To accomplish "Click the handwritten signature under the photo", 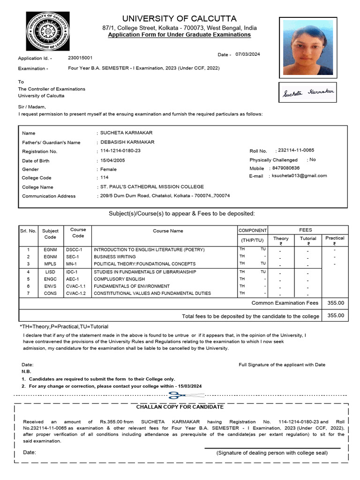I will (x=307, y=93).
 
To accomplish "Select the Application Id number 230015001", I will (x=80, y=58).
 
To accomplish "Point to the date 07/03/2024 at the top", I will (x=247, y=54).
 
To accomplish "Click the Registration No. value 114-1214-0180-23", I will (x=120, y=151).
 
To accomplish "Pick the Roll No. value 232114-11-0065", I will (x=296, y=150).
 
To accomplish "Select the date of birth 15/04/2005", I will (x=112, y=160).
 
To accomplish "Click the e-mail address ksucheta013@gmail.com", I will (x=299, y=176).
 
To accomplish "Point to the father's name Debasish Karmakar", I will (x=127, y=142).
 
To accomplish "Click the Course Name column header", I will (x=168, y=231).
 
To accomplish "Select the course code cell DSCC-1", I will (x=74, y=249).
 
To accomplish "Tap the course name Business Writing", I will (x=115, y=257).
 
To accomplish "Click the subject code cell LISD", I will (x=50, y=272).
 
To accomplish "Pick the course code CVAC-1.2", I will (x=76, y=293).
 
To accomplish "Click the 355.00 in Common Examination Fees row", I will (x=335, y=303).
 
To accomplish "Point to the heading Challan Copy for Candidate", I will (x=180, y=407).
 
